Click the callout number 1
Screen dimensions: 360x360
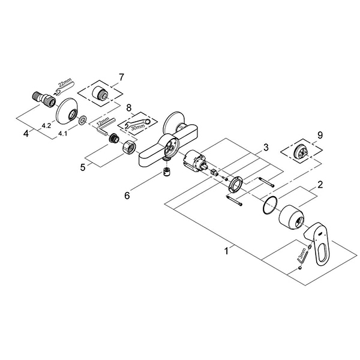[226, 253]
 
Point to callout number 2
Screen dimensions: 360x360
[320, 185]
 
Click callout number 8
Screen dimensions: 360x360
[127, 108]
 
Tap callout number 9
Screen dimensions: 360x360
[320, 136]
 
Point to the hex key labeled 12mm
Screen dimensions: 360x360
[103, 128]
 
